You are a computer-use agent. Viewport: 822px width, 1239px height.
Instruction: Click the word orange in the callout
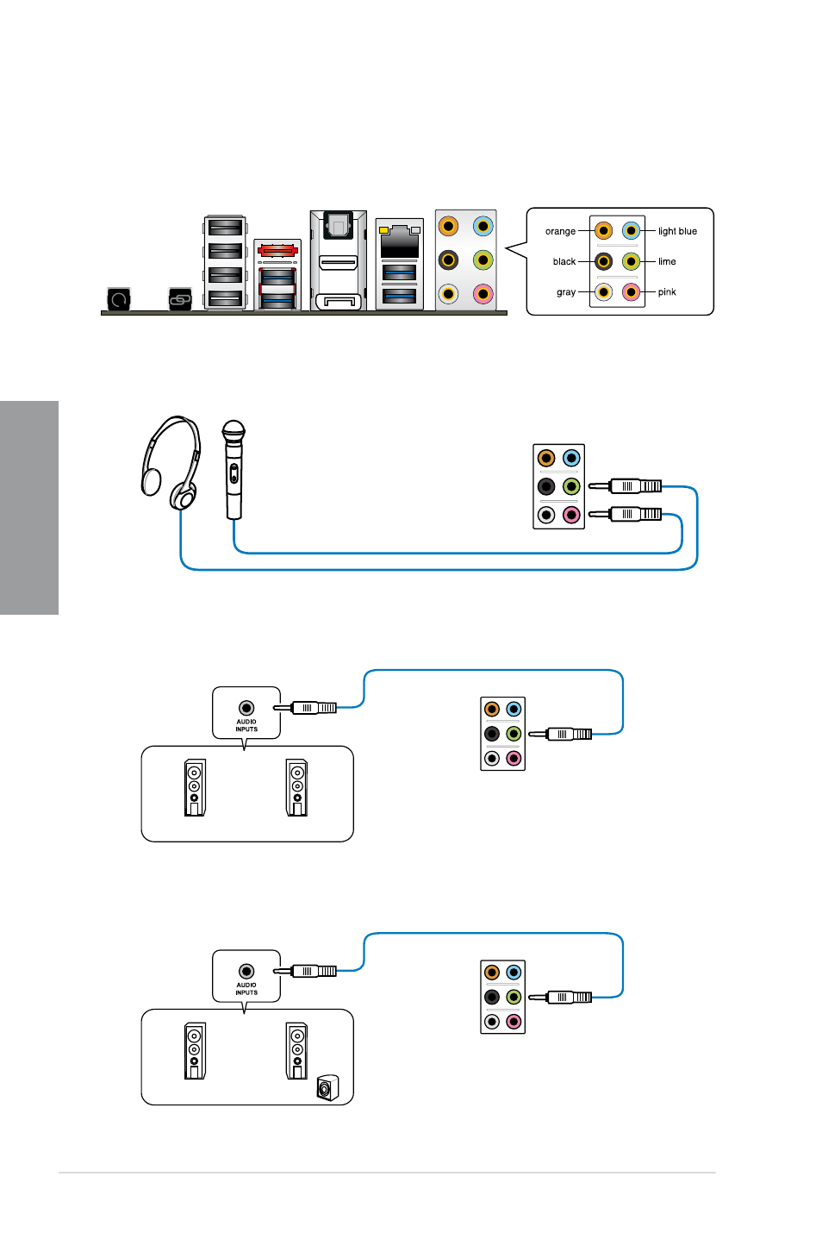click(560, 231)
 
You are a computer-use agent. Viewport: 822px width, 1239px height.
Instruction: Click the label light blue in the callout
click(677, 231)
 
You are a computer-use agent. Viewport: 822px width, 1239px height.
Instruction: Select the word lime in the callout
click(667, 261)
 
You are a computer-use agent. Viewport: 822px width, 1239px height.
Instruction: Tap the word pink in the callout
click(667, 291)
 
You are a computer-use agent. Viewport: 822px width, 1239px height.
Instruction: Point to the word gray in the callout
click(566, 292)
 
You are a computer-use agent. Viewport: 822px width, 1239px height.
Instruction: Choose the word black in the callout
click(564, 261)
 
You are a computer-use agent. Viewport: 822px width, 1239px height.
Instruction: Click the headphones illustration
click(171, 462)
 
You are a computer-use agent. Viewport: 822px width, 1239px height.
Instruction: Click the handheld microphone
click(234, 470)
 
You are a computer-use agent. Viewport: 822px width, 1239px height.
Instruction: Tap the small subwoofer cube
click(327, 1087)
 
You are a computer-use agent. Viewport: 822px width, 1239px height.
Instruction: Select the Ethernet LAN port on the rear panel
click(399, 241)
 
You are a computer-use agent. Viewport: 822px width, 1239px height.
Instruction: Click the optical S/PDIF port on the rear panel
click(337, 226)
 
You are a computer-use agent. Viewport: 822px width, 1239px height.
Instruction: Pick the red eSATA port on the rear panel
click(277, 251)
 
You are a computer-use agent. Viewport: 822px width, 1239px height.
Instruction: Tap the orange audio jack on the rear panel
click(448, 226)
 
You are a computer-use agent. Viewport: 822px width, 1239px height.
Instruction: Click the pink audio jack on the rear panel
click(483, 294)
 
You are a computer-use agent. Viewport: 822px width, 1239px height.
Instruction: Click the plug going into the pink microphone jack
click(626, 515)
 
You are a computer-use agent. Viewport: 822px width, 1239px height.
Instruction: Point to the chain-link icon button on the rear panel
click(180, 299)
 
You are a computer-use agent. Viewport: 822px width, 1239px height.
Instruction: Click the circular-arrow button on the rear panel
click(119, 299)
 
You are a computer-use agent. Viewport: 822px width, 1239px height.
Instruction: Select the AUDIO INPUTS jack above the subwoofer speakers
click(246, 972)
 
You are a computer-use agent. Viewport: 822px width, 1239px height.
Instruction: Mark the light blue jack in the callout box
click(631, 231)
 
